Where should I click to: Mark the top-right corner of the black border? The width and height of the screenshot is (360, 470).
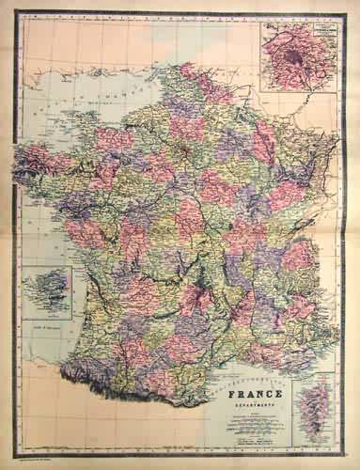point(350,12)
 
